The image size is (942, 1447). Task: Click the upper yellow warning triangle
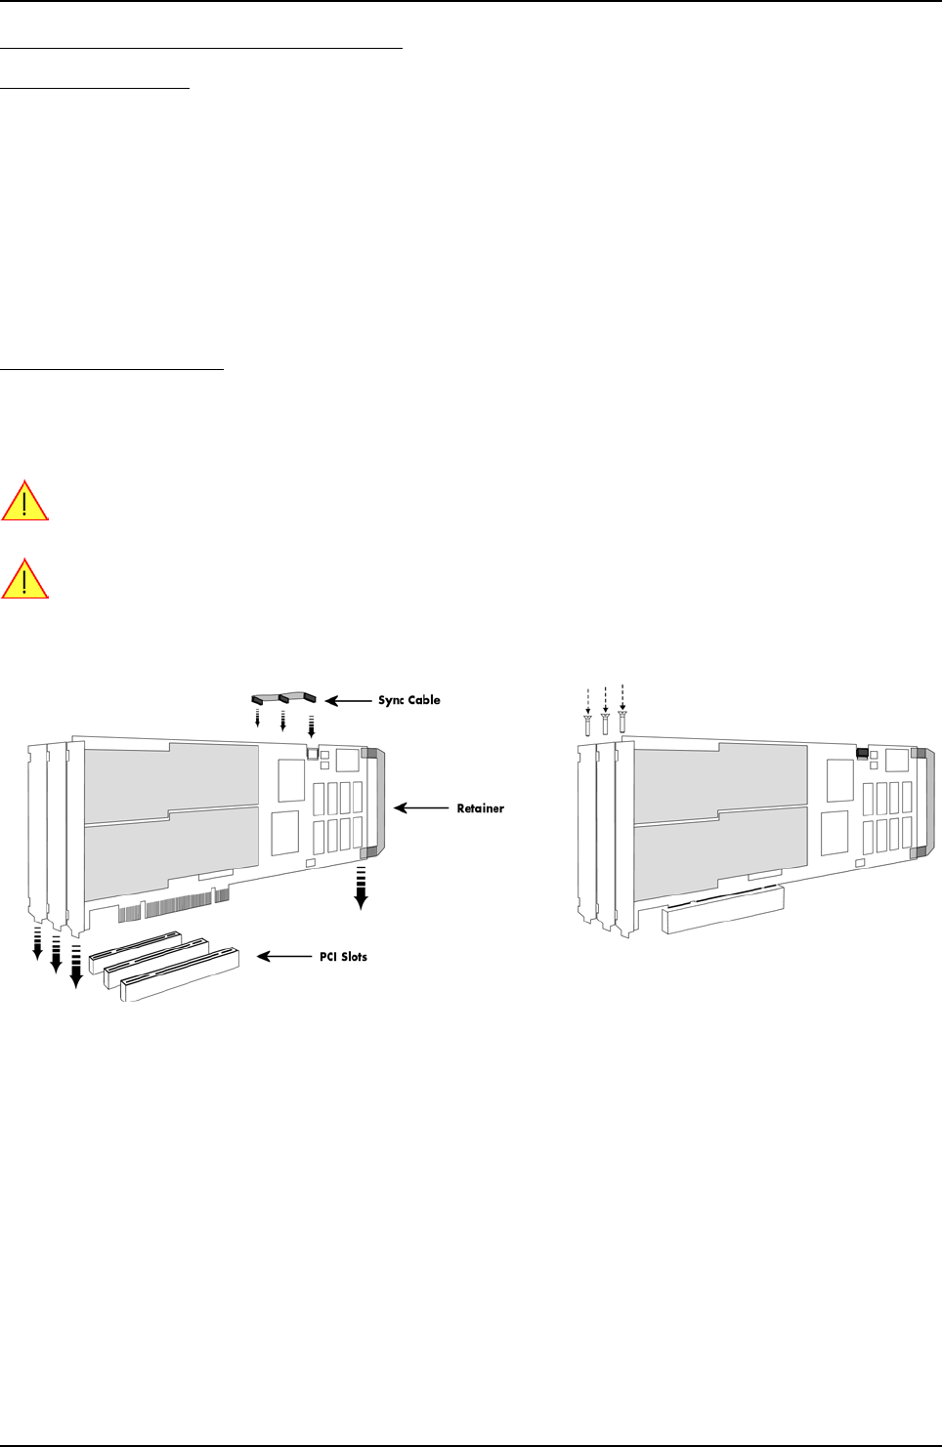tap(24, 501)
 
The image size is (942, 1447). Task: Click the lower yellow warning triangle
tap(24, 579)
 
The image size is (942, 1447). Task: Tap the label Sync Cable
tap(409, 700)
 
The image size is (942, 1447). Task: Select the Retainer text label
tap(481, 808)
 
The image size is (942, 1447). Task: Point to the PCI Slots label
tap(344, 957)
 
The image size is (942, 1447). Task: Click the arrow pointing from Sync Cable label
tap(347, 701)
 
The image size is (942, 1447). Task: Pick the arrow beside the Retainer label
tap(421, 808)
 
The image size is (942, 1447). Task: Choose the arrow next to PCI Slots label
tap(284, 957)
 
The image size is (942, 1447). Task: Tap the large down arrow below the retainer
tap(361, 888)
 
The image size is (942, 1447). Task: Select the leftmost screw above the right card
tap(587, 724)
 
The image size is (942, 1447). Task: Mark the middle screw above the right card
tap(606, 723)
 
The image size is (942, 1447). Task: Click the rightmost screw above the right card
tap(622, 722)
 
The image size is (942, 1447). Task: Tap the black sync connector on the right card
tap(863, 753)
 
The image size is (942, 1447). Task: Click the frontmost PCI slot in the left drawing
tap(181, 976)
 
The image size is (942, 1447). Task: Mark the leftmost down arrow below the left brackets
tap(38, 944)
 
